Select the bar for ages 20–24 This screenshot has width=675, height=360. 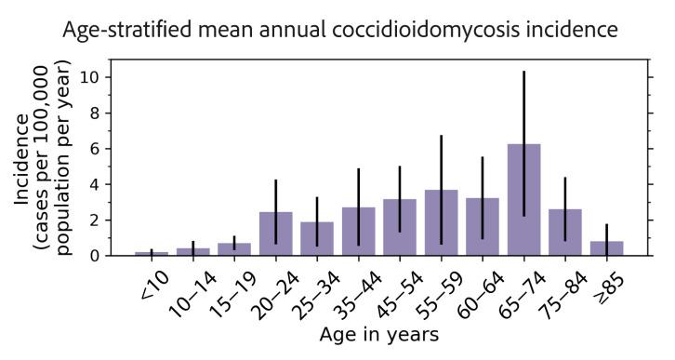click(x=276, y=233)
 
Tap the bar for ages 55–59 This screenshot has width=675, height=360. click(x=441, y=222)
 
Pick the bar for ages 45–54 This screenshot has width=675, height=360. click(x=400, y=227)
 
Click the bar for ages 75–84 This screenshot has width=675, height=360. click(x=565, y=232)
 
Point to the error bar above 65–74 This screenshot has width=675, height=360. click(x=523, y=112)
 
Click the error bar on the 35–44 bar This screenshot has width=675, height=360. click(x=359, y=186)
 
